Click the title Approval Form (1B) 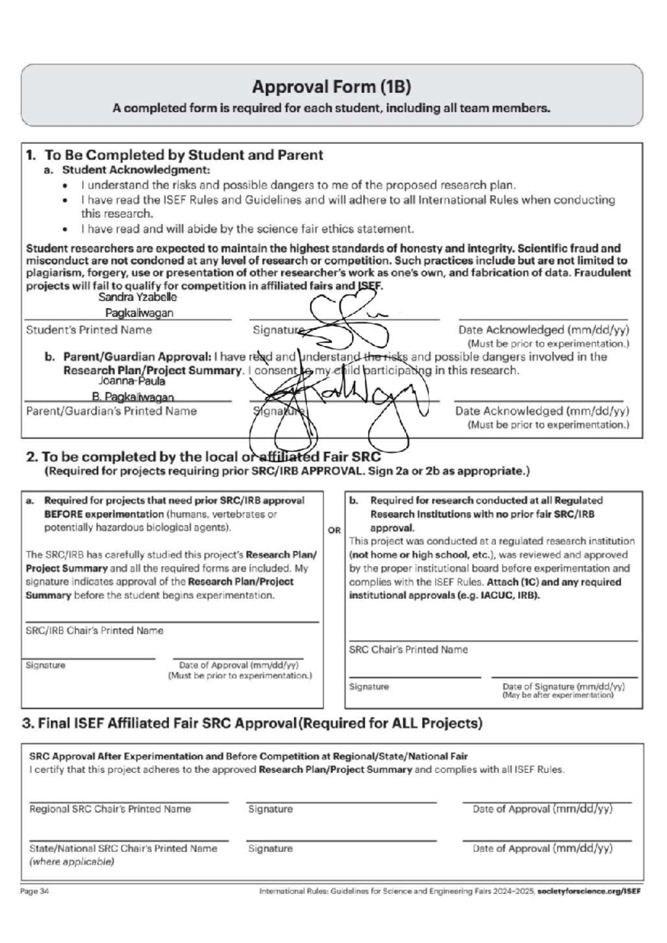click(331, 87)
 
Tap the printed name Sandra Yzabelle click(137, 297)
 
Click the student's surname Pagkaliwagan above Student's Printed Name click(139, 313)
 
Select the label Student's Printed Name click(89, 330)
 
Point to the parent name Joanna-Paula click(132, 382)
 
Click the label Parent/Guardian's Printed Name click(111, 411)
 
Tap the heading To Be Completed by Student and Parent click(183, 155)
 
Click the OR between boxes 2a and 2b click(334, 530)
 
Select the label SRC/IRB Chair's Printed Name click(94, 630)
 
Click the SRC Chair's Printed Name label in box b click(409, 649)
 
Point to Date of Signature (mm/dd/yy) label click(563, 686)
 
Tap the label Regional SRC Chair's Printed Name click(110, 809)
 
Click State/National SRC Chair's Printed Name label click(123, 849)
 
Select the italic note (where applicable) click(72, 862)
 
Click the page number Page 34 click(34, 891)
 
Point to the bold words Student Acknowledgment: click(136, 169)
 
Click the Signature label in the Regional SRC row click(270, 809)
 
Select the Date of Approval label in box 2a click(239, 665)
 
